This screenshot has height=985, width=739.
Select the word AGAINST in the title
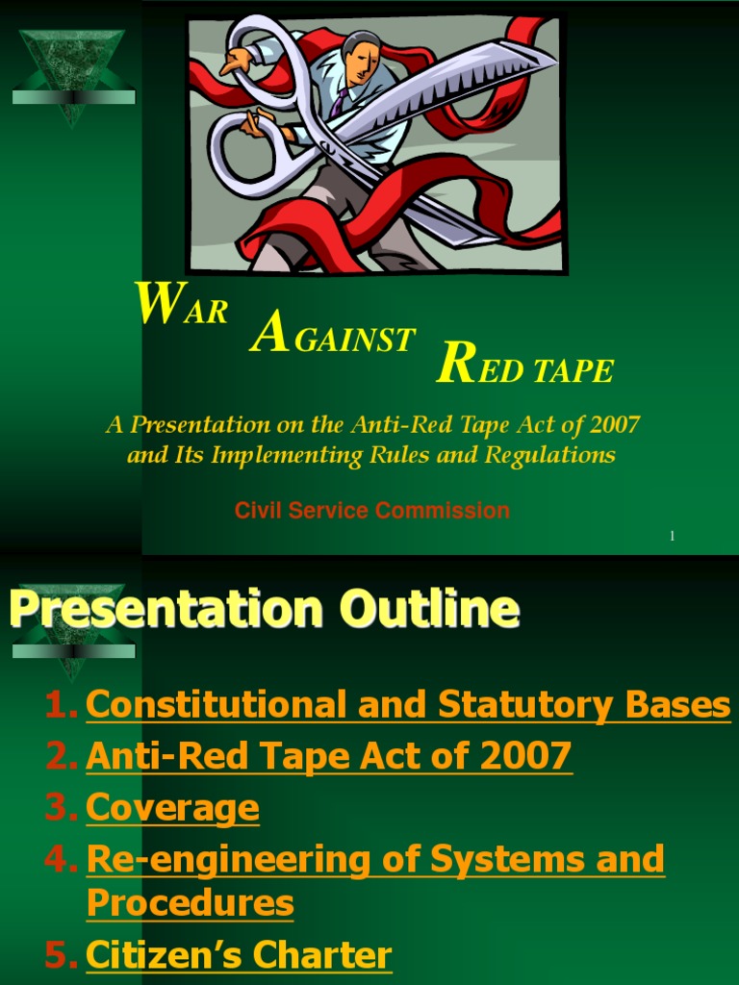click(x=332, y=339)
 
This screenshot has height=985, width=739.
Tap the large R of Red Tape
click(x=454, y=366)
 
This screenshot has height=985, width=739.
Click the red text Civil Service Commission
click(x=372, y=511)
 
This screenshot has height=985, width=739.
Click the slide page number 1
click(x=672, y=536)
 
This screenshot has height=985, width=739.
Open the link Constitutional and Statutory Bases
click(x=408, y=706)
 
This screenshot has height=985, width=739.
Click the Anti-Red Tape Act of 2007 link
click(x=329, y=756)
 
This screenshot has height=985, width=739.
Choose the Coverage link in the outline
click(x=172, y=808)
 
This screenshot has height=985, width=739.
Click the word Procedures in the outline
click(x=191, y=903)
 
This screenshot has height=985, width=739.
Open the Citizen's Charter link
click(x=239, y=955)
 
